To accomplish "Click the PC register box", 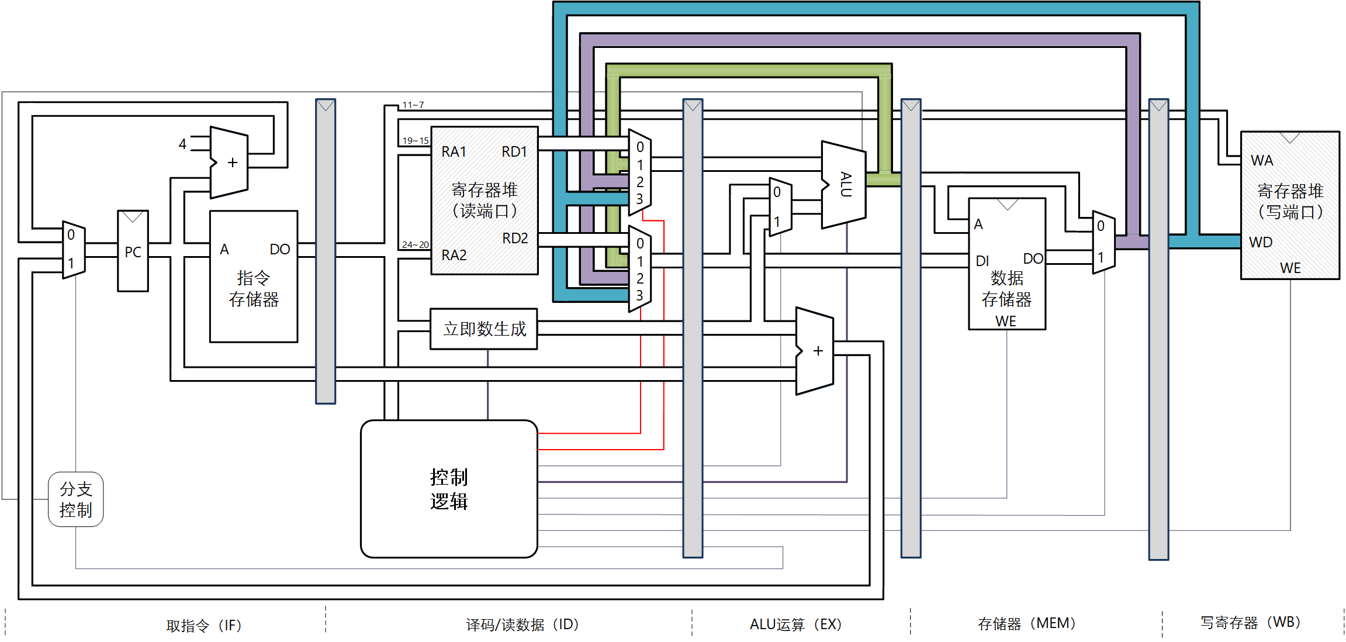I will pos(133,251).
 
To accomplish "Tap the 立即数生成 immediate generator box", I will pos(484,329).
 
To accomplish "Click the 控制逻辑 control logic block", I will pos(449,489).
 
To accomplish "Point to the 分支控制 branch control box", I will pos(76,499).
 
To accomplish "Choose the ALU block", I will pos(844,184).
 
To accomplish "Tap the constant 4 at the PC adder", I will pos(182,144).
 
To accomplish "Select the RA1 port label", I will pos(454,152).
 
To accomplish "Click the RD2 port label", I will pos(515,239).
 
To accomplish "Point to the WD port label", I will pos(1261,243).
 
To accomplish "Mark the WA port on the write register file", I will pos(1262,161).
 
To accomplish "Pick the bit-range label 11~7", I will pos(413,105).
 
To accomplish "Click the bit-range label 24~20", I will pos(415,245).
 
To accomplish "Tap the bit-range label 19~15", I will pos(415,141).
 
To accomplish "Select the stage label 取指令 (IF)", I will pos(203,626).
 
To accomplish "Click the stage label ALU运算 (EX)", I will pos(795,624).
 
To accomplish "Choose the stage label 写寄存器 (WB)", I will pos(1250,623).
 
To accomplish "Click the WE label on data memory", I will pos(1006,321).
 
